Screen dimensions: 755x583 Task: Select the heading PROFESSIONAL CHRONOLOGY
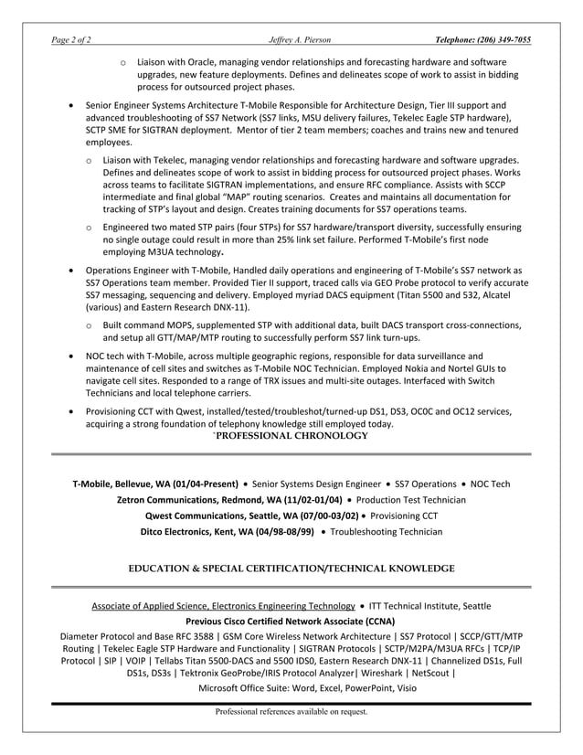[291, 436]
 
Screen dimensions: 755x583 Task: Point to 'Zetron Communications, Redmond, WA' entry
[229, 500]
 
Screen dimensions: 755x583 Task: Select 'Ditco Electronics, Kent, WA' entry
[227, 531]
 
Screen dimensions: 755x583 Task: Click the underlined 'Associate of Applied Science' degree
[223, 605]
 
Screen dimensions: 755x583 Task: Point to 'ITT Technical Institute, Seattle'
[429, 605]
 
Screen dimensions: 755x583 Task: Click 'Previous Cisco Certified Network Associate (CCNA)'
[291, 621]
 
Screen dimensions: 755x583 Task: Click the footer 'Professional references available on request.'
[291, 711]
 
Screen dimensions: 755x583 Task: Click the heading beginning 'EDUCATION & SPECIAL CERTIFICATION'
[291, 569]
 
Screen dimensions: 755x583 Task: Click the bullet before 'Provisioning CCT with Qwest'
[72, 412]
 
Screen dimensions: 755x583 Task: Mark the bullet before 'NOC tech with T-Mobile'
[72, 356]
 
